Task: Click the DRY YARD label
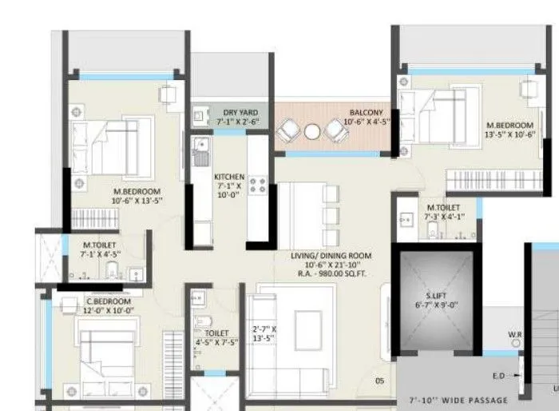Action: pos(240,112)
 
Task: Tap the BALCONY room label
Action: pos(367,112)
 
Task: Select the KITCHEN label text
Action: pos(229,176)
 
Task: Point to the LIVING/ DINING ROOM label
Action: pos(330,257)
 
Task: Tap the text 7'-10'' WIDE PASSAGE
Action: pos(458,399)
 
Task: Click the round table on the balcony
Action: pos(312,131)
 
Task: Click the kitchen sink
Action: pos(200,150)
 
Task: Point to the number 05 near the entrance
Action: pos(380,381)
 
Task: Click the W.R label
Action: pos(515,334)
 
